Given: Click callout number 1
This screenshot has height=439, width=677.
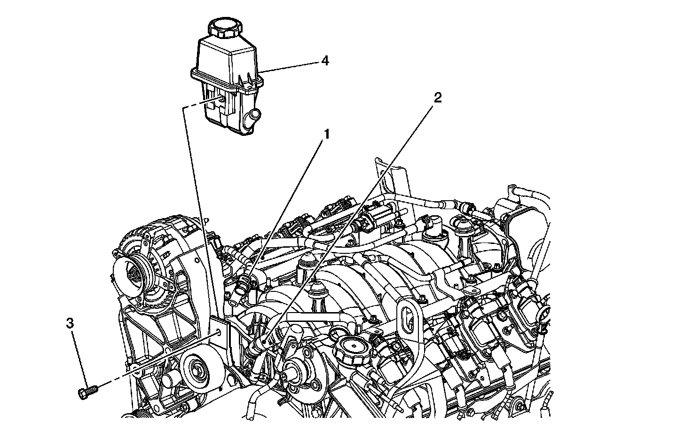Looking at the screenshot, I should click(x=325, y=134).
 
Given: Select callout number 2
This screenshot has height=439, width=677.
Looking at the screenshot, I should click(x=437, y=97).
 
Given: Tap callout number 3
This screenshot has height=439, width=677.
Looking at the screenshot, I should click(x=70, y=323).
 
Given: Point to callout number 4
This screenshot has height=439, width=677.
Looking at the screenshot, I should click(x=325, y=61).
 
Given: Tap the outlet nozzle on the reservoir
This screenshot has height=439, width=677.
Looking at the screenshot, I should click(x=255, y=114).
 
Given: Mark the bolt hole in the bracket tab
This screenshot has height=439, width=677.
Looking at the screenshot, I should click(x=219, y=332).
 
